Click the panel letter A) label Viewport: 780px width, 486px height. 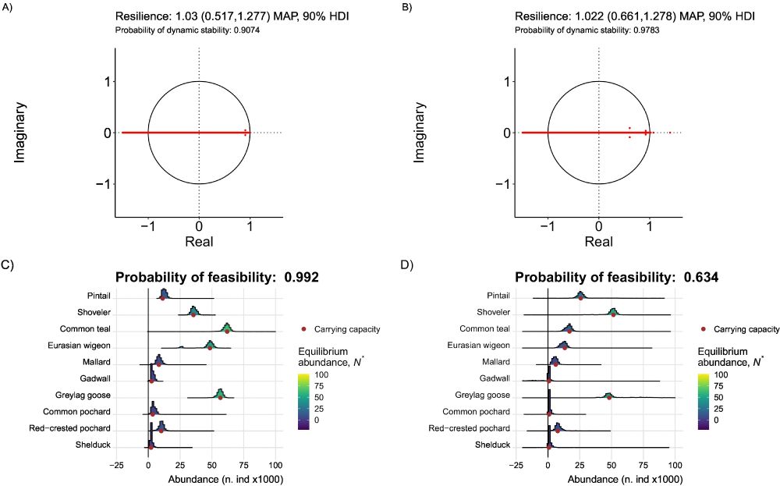coord(8,8)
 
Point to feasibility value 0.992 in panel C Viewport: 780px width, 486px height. coord(303,277)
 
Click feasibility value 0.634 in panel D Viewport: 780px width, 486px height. coord(702,277)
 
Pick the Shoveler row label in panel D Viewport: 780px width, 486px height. coord(494,313)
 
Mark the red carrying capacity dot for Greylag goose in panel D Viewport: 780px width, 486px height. coord(609,397)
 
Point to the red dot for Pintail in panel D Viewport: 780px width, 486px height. coord(580,297)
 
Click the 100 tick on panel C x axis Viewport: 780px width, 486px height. coord(275,464)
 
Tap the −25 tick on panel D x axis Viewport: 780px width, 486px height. coord(516,464)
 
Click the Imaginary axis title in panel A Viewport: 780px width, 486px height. coord(22,133)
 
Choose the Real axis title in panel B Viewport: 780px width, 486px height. coord(598,242)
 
